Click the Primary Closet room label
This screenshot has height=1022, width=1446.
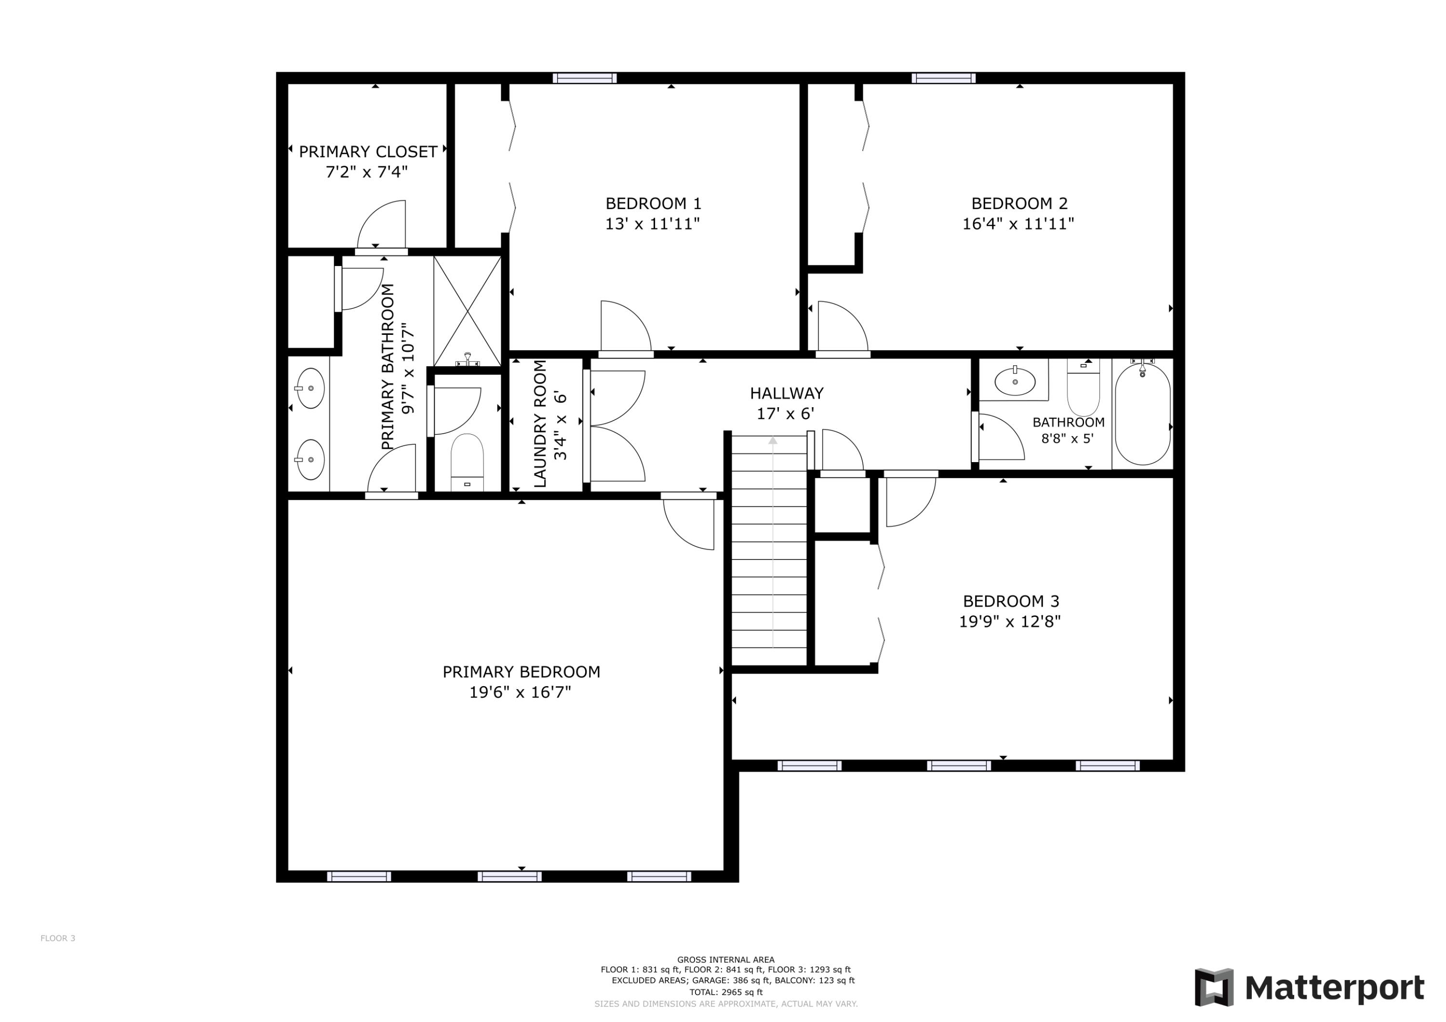pos(368,152)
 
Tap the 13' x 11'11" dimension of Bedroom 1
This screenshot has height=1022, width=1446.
pos(653,224)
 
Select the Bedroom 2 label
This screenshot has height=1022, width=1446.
pos(1019,203)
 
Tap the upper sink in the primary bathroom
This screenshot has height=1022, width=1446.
pos(310,388)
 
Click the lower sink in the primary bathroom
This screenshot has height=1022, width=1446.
pos(310,460)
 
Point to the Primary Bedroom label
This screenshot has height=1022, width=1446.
pos(521,672)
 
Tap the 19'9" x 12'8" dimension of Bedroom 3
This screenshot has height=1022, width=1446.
pos(1010,622)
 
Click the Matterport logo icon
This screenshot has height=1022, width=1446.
pos(1214,987)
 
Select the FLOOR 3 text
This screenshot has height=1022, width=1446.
pos(58,938)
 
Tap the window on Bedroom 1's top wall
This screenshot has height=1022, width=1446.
pos(585,78)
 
